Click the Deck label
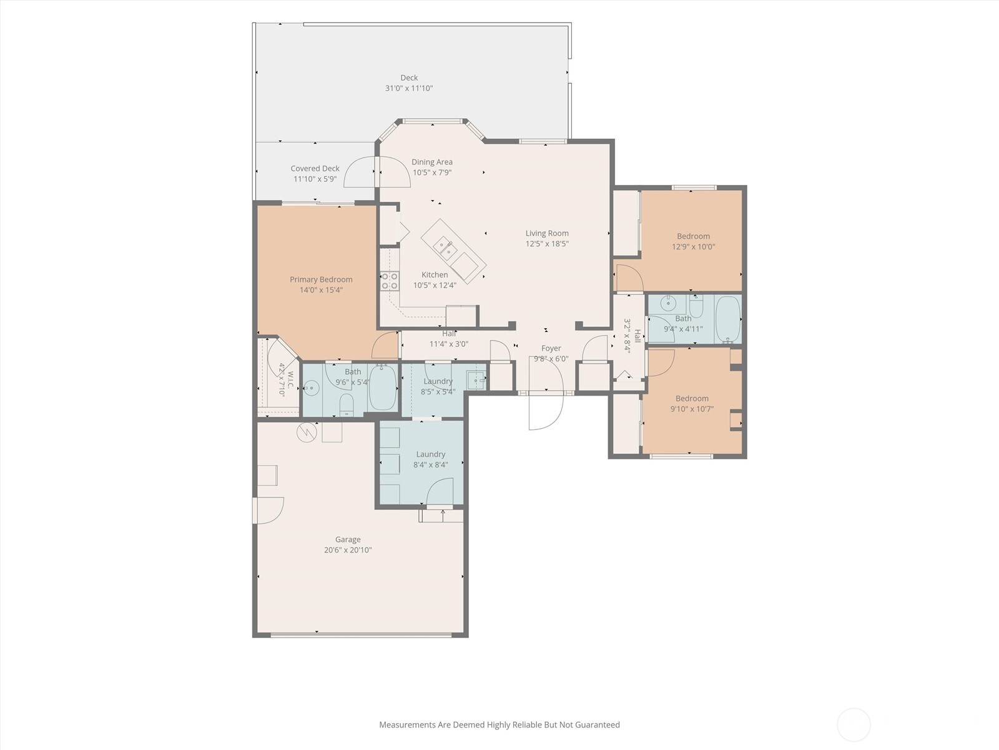point(409,78)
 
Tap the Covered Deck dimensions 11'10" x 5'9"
point(315,179)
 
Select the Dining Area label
point(432,162)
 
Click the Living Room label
point(547,233)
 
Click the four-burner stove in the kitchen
point(390,281)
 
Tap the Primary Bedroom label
point(322,279)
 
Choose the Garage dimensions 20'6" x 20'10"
point(348,550)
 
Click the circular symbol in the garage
point(307,432)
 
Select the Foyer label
point(551,348)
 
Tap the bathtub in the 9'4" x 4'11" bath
point(728,319)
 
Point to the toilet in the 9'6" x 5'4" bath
point(347,404)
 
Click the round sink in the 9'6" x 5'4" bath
point(312,388)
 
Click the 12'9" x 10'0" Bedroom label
point(693,236)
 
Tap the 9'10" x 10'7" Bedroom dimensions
point(692,409)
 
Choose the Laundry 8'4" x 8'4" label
point(431,454)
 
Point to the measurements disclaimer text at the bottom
point(499,724)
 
